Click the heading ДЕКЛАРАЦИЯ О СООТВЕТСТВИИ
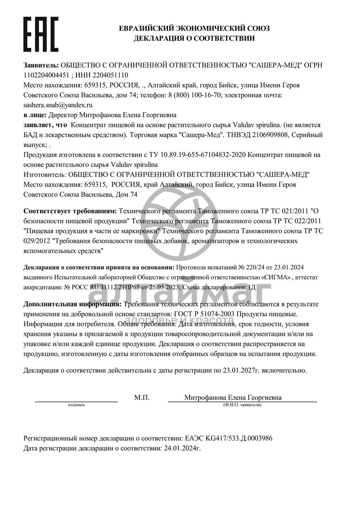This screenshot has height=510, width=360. pos(194,39)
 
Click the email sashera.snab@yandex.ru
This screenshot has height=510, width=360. pos(58,105)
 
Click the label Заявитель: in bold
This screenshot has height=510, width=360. pos(41,65)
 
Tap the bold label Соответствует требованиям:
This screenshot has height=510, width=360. pos(70,211)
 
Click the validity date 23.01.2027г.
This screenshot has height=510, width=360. pos(241,371)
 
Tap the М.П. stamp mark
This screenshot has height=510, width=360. pos(142,398)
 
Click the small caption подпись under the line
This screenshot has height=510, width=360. pos(76,405)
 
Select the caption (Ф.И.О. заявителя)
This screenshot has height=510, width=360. pos(242,405)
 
